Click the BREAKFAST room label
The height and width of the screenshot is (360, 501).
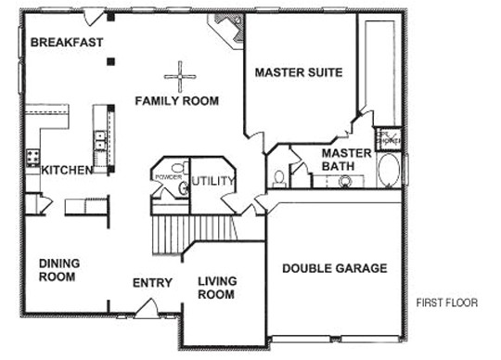(x=66, y=43)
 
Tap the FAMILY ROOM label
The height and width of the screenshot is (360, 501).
(x=176, y=100)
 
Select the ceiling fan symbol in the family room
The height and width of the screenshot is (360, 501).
(x=176, y=74)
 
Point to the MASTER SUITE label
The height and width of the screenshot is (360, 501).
(x=299, y=71)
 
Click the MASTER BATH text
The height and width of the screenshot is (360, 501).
(x=346, y=159)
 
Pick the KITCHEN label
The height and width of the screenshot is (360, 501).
(x=64, y=170)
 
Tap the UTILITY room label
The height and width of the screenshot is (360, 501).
(x=214, y=181)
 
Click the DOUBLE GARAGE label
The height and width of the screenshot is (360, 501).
(x=334, y=268)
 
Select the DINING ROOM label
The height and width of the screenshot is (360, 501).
(x=58, y=269)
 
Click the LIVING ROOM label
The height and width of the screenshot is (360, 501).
(x=217, y=288)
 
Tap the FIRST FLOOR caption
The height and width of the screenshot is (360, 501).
(x=447, y=302)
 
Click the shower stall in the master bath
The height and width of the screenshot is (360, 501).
(x=387, y=139)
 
